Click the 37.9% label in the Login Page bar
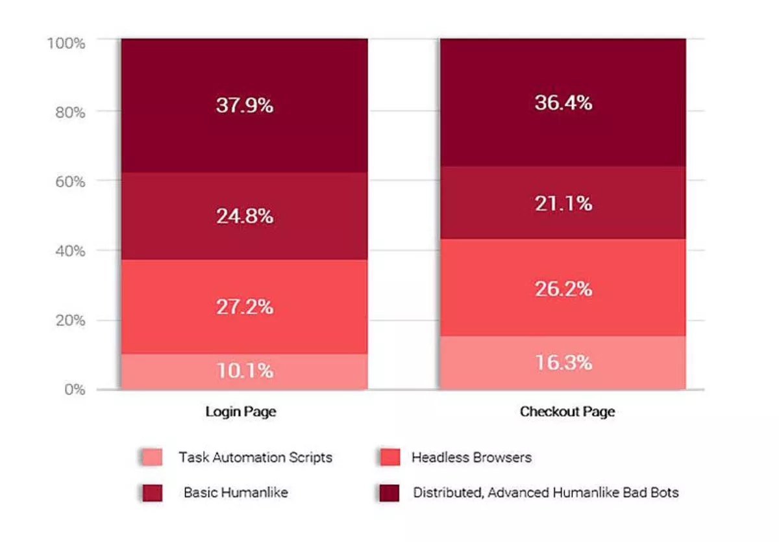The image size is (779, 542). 244,105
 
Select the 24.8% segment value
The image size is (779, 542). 244,215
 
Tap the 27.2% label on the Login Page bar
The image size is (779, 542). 244,306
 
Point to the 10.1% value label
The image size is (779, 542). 244,371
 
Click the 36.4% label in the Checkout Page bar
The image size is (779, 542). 563,103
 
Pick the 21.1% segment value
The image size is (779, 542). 563,203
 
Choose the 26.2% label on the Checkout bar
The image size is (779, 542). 563,289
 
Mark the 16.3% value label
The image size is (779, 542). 563,362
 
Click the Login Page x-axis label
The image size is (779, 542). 240,412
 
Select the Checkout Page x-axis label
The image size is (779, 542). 567,412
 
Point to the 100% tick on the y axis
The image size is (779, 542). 66,43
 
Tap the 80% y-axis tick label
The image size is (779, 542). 69,112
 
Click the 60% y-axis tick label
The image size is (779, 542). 69,181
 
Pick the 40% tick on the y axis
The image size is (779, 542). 69,251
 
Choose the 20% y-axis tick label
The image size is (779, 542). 69,320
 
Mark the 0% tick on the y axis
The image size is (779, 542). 73,389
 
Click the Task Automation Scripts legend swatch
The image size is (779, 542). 151,458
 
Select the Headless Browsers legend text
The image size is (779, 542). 471,458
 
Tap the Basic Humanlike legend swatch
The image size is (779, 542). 151,493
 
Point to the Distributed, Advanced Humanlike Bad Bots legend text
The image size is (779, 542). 546,493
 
